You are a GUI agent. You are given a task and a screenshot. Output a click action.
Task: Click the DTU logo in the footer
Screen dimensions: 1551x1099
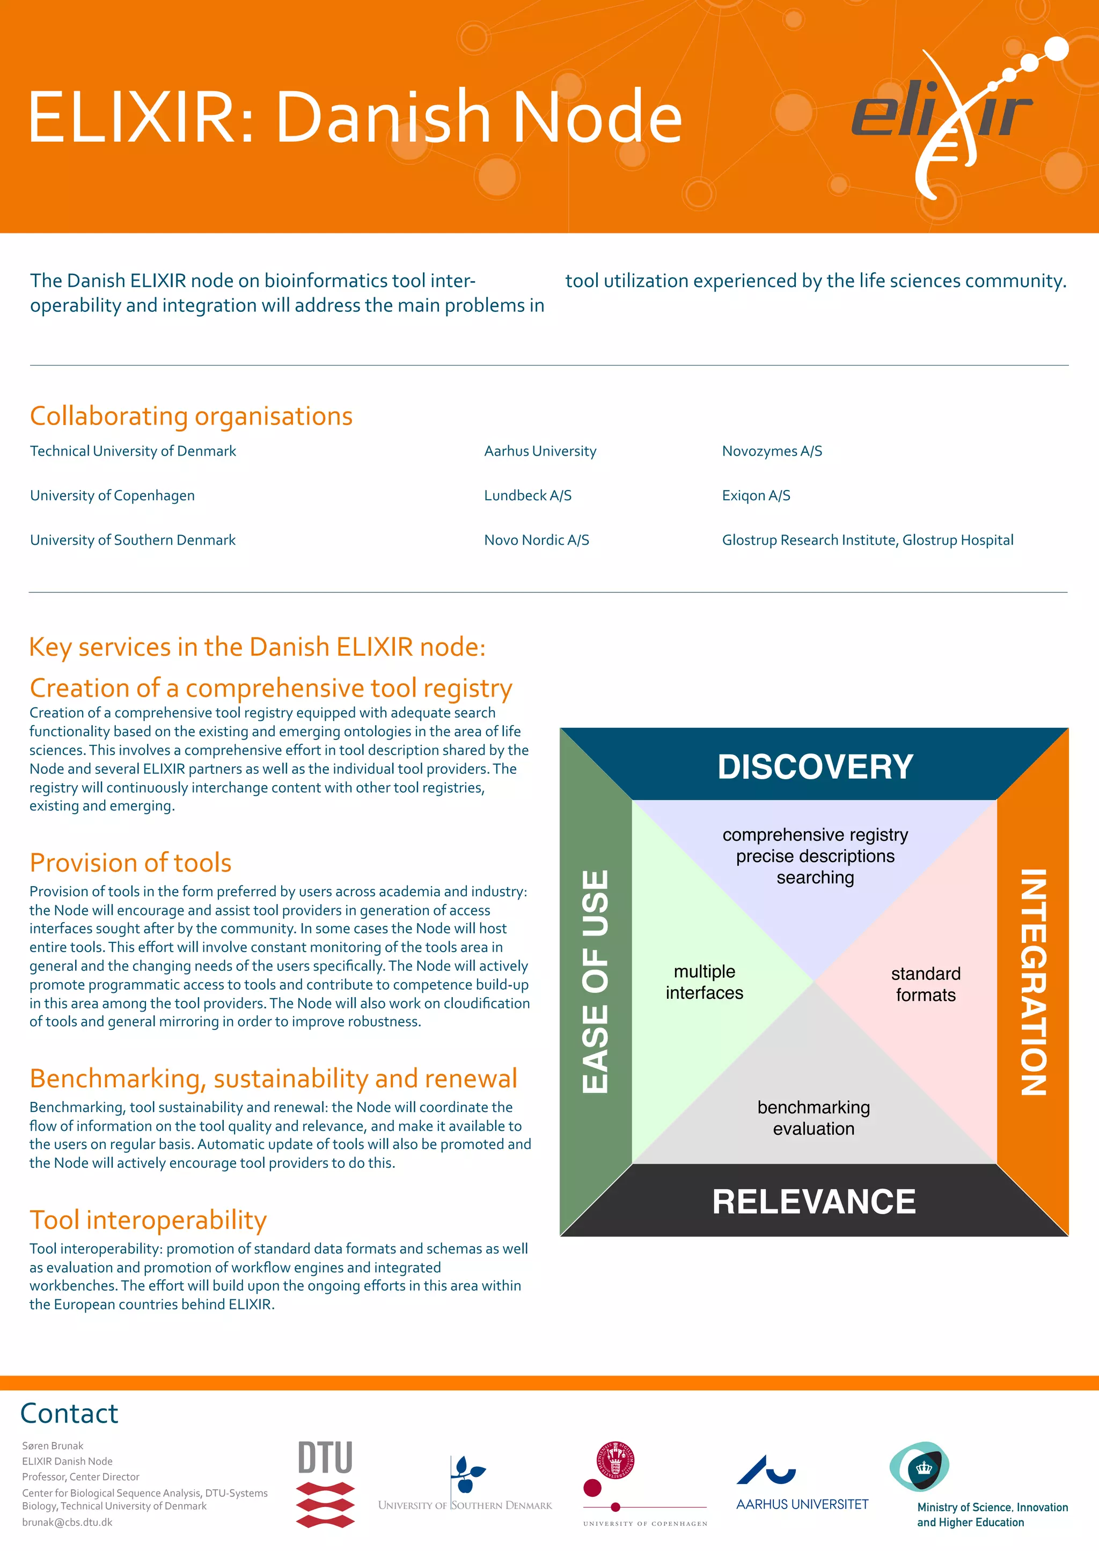[326, 1483]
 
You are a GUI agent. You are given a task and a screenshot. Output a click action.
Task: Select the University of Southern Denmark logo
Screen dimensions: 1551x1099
[466, 1486]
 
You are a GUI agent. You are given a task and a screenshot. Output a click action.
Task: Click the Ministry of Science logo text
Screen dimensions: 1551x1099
[992, 1515]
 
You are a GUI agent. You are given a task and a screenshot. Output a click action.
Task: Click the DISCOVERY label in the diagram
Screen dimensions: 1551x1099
[815, 767]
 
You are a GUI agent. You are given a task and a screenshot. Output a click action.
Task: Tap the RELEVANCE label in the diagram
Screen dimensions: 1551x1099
[814, 1202]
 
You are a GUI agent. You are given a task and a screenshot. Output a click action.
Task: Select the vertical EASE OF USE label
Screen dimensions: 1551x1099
[596, 981]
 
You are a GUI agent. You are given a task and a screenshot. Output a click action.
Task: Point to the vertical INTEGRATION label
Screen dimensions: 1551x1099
[1034, 981]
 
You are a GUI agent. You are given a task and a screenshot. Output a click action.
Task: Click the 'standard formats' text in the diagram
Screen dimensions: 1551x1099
[925, 984]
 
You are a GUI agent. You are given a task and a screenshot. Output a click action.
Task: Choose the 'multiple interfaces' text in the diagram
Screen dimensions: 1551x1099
[705, 982]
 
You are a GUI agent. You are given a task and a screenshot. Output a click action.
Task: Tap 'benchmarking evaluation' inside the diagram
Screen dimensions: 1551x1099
[814, 1118]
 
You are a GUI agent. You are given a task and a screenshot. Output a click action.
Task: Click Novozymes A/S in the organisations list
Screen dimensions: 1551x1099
[772, 451]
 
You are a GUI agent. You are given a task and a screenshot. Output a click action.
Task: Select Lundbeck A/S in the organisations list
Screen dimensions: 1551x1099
[528, 496]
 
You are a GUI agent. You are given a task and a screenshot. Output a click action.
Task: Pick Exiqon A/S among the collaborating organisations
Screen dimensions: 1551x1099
[756, 496]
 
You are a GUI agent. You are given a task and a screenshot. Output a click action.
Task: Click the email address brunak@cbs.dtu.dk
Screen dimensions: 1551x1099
[68, 1522]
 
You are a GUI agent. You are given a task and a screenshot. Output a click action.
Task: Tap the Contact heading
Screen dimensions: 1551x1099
[70, 1413]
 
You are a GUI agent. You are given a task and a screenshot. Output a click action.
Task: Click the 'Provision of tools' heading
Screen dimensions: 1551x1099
[130, 863]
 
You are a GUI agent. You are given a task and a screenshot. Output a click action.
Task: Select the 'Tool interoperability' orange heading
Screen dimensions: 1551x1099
[148, 1220]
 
